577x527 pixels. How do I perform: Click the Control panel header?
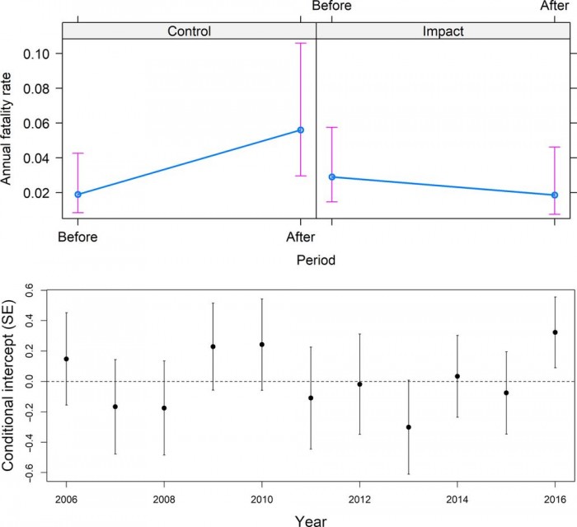coord(189,31)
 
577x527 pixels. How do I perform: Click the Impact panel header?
coord(443,31)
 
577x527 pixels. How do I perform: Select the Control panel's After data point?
coord(301,130)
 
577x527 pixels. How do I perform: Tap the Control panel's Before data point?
coord(77,195)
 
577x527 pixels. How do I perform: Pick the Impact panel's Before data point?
coord(331,177)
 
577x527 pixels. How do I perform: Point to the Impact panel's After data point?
coord(555,195)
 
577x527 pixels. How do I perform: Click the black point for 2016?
coord(556,332)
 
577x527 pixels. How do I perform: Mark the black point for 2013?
coord(409,427)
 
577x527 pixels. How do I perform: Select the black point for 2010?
coord(262,344)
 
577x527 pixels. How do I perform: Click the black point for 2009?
coord(213,346)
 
